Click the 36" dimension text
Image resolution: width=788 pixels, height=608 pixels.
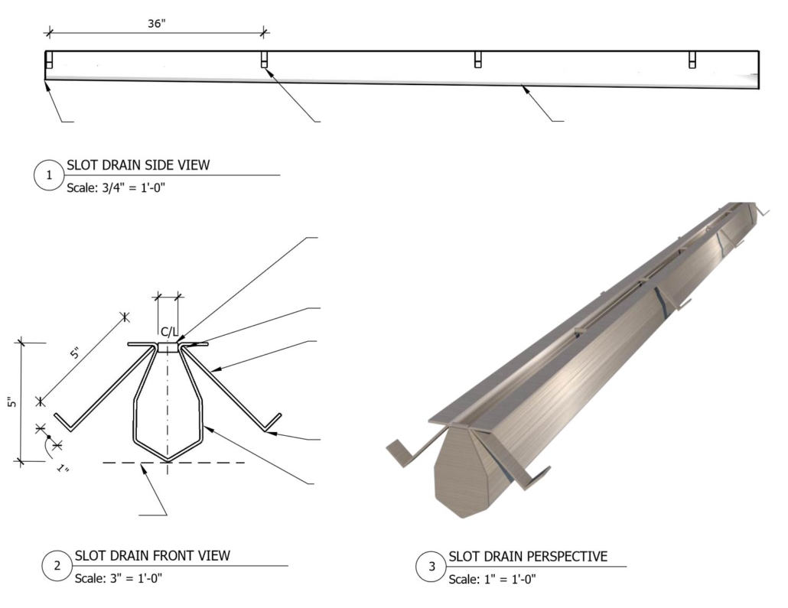157,23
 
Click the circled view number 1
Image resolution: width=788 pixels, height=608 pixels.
50,175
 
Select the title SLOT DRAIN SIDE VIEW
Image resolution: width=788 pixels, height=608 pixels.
138,164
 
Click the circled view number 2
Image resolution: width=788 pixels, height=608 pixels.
57,566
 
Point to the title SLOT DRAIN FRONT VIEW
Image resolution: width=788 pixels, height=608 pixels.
152,556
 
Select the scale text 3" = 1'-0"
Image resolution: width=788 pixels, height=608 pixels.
118,577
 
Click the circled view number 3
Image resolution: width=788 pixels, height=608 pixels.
431,567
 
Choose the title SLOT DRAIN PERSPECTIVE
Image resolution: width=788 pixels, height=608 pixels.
528,557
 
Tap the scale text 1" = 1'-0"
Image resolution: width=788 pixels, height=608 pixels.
492,579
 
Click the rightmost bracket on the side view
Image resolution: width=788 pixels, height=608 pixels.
692,60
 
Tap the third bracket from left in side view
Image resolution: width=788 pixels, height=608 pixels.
477,60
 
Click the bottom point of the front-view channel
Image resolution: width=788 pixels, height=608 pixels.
168,460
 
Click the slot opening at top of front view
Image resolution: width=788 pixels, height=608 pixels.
168,346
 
